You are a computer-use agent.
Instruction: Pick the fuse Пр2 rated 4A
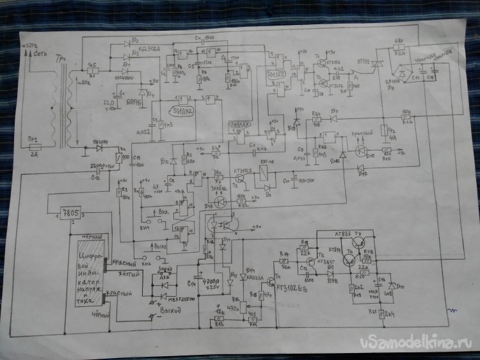click(x=385, y=131)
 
